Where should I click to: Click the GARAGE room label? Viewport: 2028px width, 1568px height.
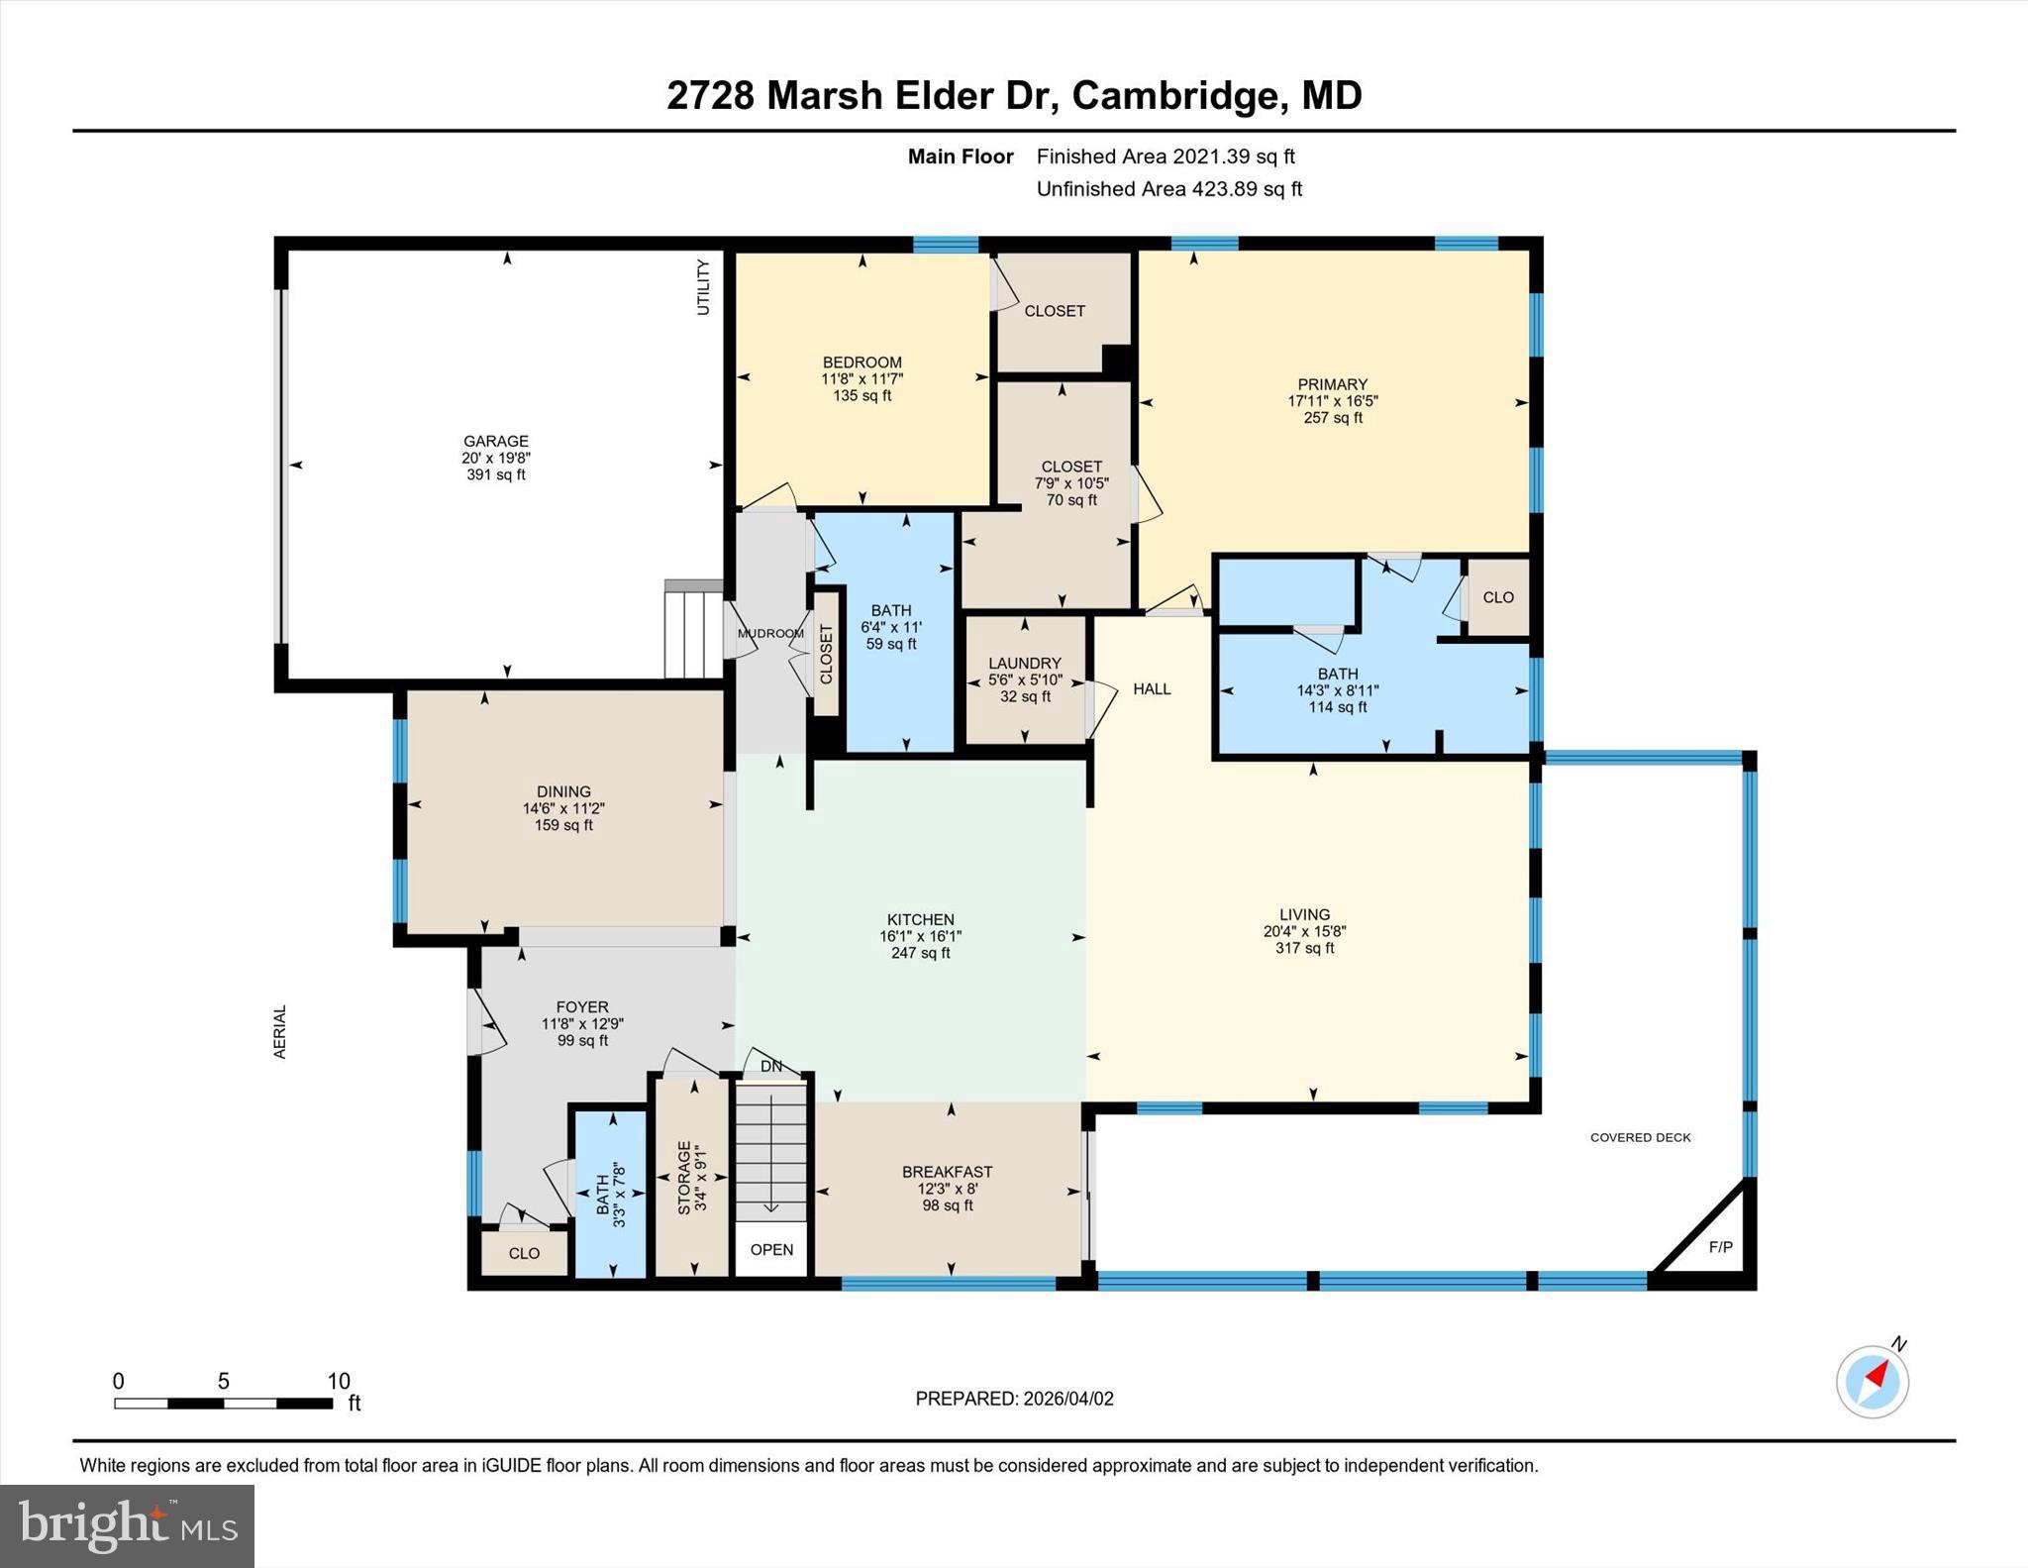pos(496,441)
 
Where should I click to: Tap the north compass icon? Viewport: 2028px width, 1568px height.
pos(1872,1381)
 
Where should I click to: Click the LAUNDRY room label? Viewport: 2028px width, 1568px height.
pos(1024,663)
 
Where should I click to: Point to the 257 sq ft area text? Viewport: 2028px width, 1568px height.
pos(1332,418)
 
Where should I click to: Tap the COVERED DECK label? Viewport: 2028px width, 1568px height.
pos(1640,1137)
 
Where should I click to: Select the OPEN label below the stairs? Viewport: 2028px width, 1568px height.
pos(771,1249)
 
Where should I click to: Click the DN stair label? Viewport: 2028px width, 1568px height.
pos(770,1066)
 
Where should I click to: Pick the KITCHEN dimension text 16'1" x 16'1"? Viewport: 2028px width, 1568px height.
pos(920,936)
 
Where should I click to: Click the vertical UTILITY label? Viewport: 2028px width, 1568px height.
pos(703,287)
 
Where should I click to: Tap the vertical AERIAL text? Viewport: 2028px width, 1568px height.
pos(280,1031)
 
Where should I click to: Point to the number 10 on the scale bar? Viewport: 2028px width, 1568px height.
pos(339,1381)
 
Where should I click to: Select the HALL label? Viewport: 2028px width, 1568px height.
pos(1152,688)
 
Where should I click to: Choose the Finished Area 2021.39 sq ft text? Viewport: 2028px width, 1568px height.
pos(1166,157)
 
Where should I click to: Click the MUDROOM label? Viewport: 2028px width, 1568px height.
pos(770,634)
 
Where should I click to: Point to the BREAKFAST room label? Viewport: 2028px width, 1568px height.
pos(947,1172)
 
